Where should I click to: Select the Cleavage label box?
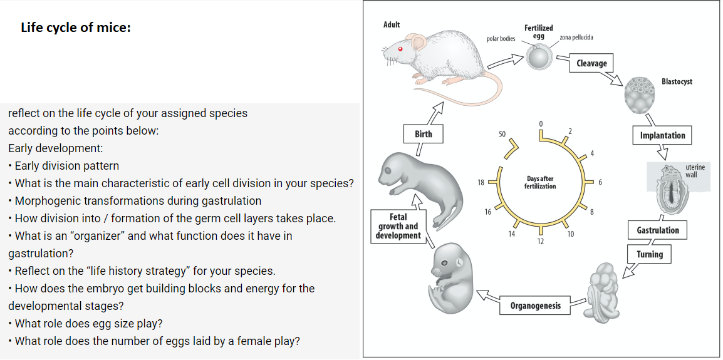point(591,63)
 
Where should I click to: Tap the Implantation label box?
point(662,135)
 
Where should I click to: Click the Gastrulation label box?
point(657,230)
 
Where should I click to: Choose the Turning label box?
point(649,254)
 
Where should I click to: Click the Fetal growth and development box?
point(398,226)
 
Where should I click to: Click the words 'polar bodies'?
point(501,39)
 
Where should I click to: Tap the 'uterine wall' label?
point(695,171)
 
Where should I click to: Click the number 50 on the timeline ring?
point(502,134)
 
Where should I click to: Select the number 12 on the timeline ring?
point(540,241)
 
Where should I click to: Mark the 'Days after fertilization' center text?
point(539,182)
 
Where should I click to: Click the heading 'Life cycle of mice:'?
point(76,28)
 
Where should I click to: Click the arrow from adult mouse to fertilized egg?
point(506,61)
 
